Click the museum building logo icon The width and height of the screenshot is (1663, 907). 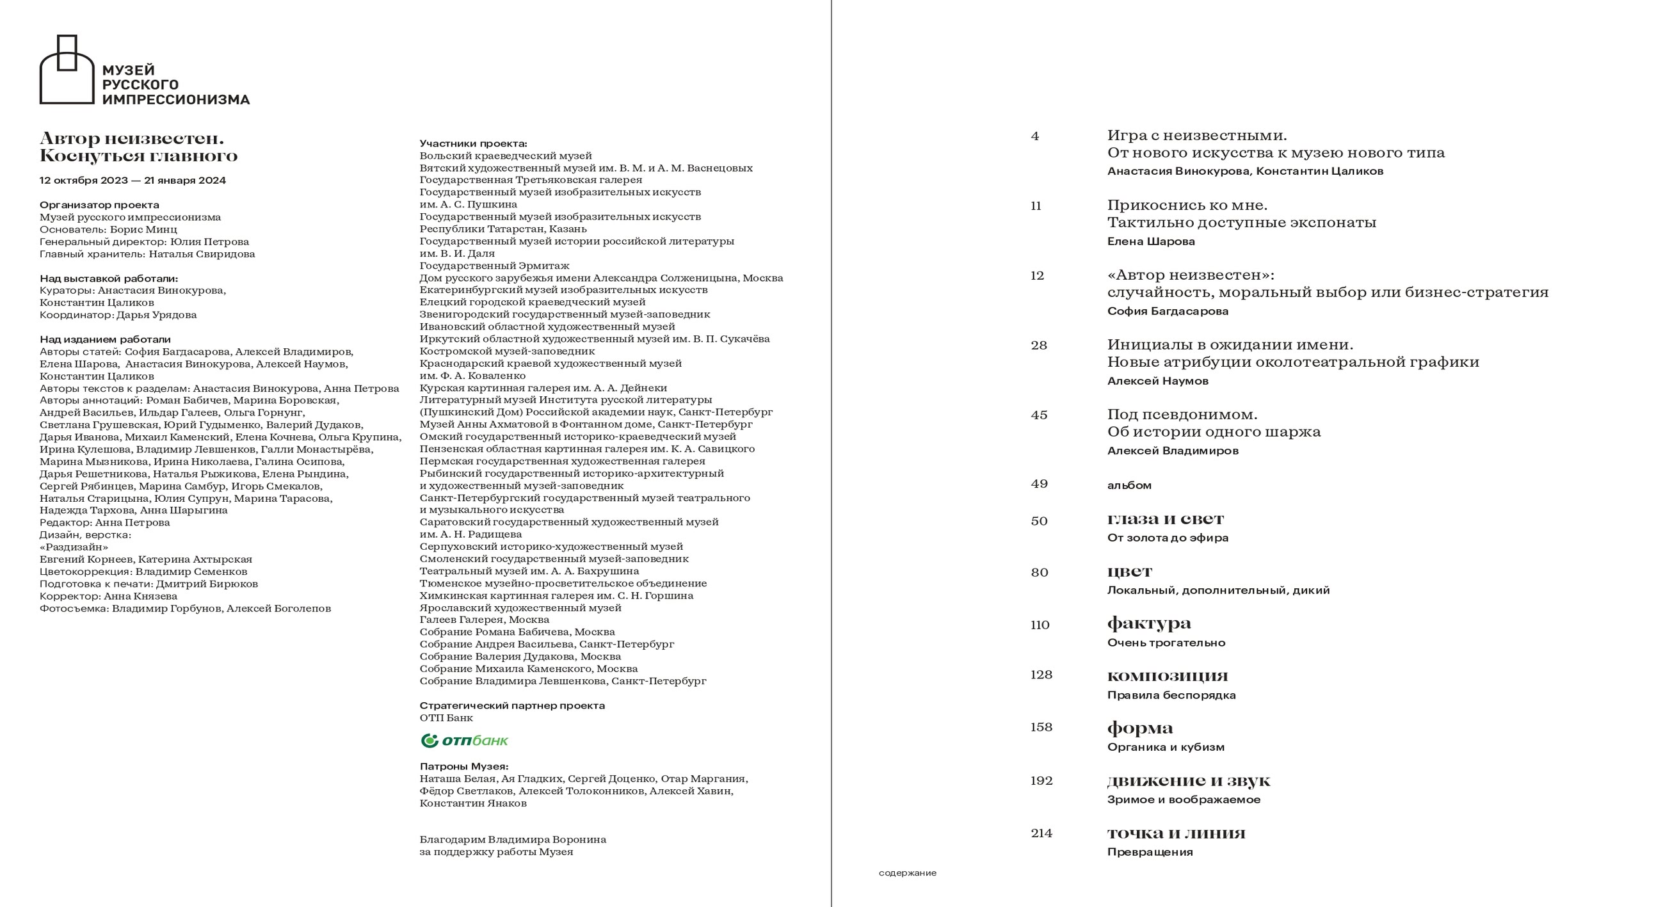(x=67, y=69)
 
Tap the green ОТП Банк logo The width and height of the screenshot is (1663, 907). (x=464, y=741)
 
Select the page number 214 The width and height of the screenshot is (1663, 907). (x=1041, y=833)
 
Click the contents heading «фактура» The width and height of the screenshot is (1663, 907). (x=1149, y=623)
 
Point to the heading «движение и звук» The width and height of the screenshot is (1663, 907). (x=1189, y=780)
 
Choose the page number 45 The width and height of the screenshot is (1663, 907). (x=1039, y=415)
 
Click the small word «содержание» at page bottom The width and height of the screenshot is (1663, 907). (x=907, y=873)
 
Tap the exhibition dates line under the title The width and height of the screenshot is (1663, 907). (x=133, y=181)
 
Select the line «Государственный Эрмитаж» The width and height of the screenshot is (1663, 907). (x=494, y=266)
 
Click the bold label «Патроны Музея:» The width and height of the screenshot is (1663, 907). (x=463, y=766)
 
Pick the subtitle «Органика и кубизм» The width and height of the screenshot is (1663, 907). (x=1165, y=747)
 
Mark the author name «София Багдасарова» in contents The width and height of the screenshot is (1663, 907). (x=1167, y=311)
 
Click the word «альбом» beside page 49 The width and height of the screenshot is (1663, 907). (x=1129, y=485)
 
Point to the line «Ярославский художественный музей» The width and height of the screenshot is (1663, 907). (x=520, y=607)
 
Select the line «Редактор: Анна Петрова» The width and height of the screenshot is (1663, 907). (x=104, y=522)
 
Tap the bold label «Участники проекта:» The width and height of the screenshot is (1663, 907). (x=473, y=143)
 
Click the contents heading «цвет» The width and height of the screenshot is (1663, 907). (x=1129, y=572)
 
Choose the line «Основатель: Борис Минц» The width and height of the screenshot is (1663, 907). (x=108, y=229)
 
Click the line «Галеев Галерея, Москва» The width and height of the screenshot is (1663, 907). (x=484, y=620)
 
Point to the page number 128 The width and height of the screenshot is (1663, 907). (x=1041, y=675)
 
